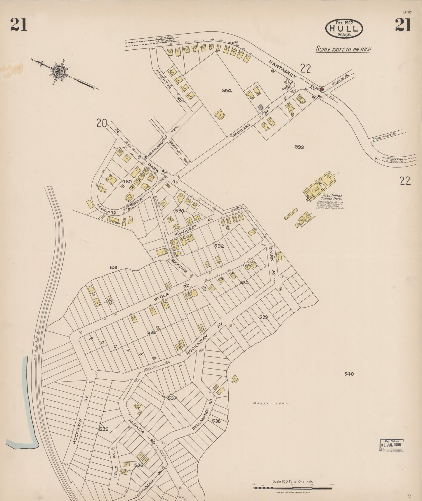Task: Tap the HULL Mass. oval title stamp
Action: (344, 29)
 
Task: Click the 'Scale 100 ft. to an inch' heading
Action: (343, 49)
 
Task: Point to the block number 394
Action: (227, 91)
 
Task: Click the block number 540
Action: (349, 374)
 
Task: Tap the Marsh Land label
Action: (270, 403)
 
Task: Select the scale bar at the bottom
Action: (292, 488)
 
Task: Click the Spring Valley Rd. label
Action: (384, 137)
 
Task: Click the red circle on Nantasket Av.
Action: (322, 89)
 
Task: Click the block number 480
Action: (127, 182)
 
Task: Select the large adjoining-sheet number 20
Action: (101, 124)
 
